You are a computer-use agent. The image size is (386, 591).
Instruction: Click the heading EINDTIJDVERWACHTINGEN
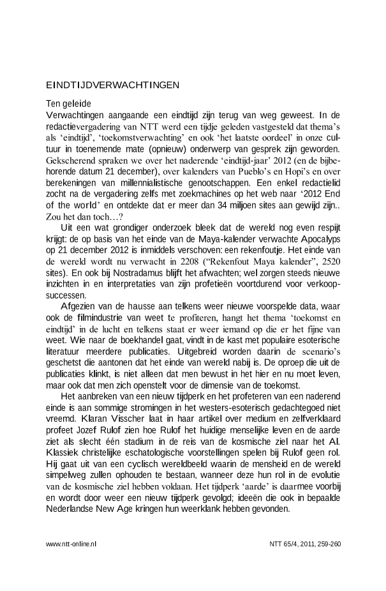tap(113, 85)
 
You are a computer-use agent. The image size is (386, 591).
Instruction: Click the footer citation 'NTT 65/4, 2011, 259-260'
tap(306, 544)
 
